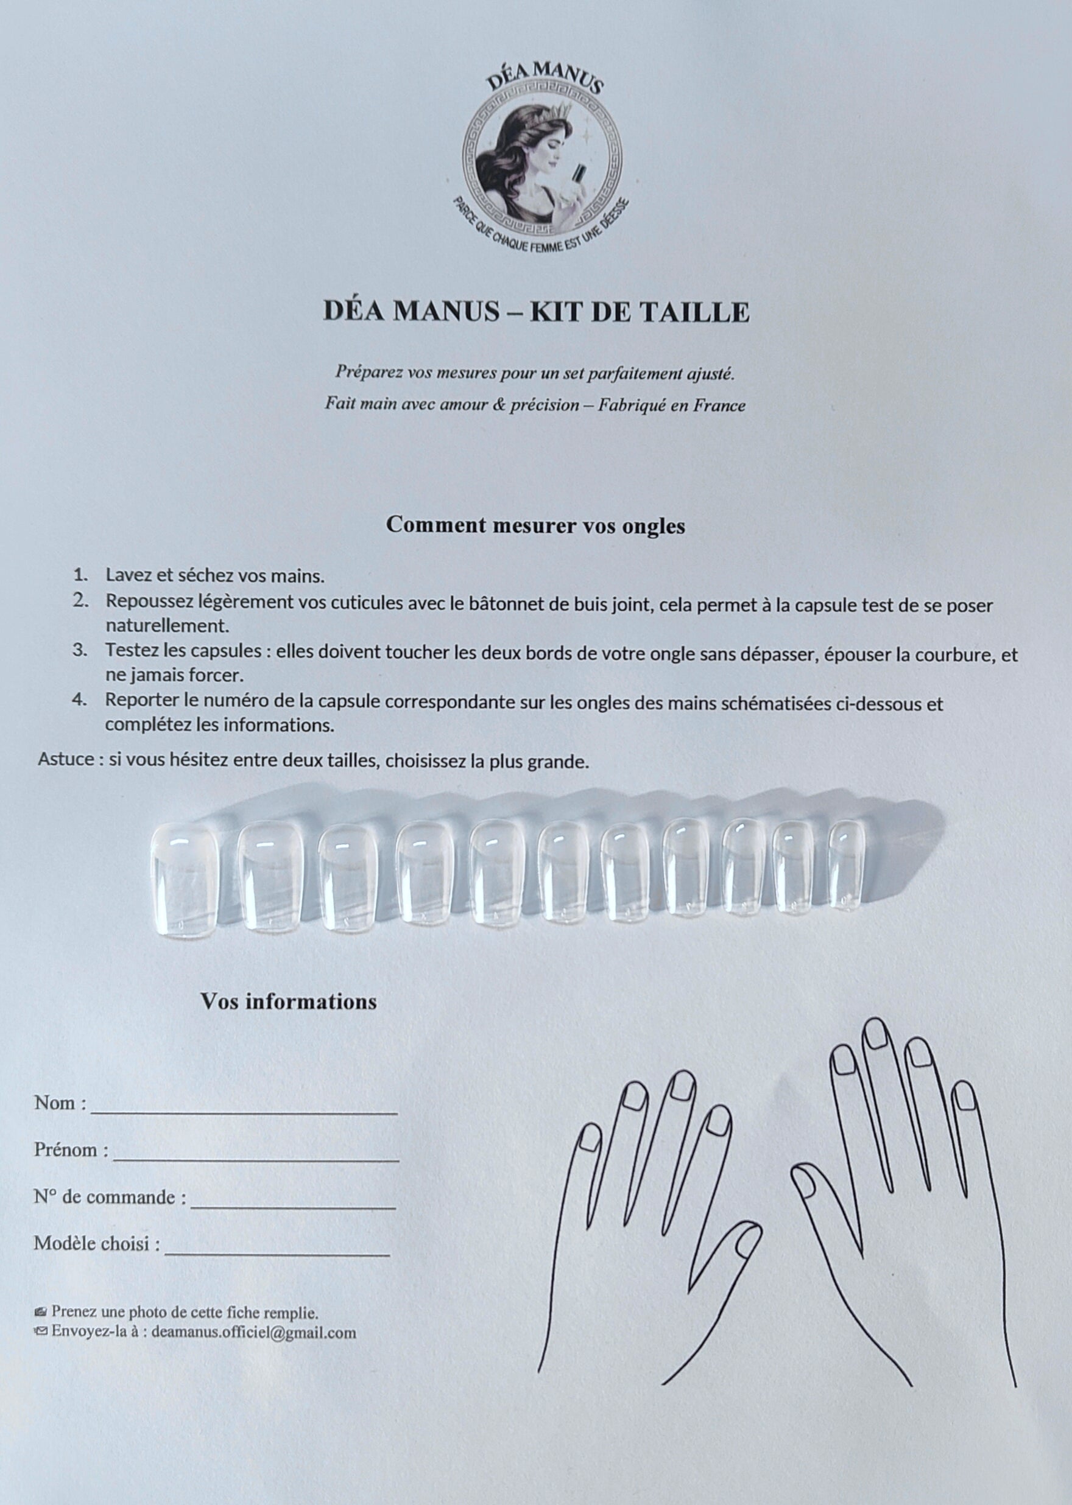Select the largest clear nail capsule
tap(184, 880)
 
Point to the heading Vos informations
tap(289, 1002)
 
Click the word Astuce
tap(66, 759)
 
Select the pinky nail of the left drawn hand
tap(590, 1137)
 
